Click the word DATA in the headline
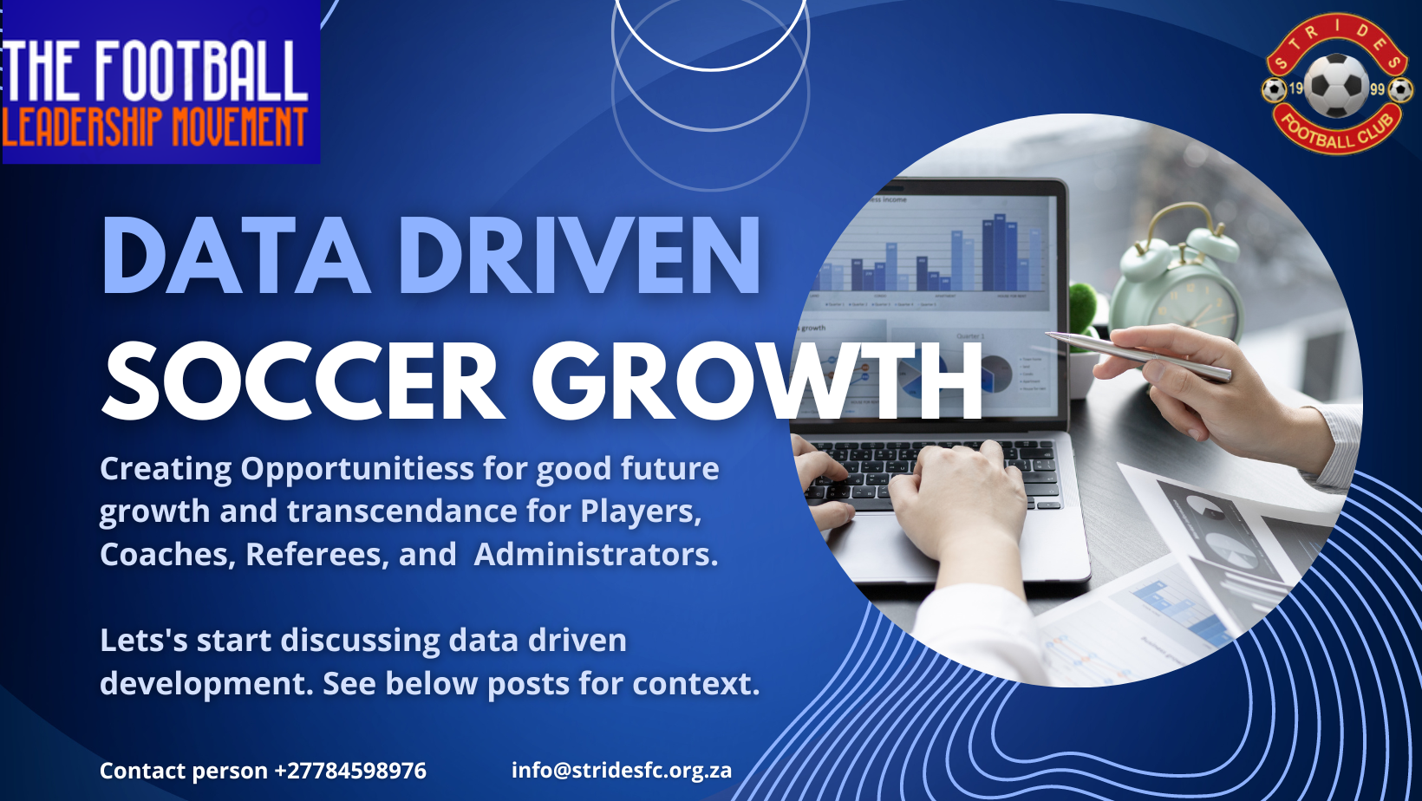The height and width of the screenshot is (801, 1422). [235, 255]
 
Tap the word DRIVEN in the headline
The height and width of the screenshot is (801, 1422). [579, 255]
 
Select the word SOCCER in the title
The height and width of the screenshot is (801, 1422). [302, 381]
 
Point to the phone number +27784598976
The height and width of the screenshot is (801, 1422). [349, 771]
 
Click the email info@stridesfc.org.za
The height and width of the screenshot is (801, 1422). [622, 771]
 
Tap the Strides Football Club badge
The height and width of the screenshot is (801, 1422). [1336, 83]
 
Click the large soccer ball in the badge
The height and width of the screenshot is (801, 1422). [1336, 87]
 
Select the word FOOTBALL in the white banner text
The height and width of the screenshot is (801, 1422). [201, 70]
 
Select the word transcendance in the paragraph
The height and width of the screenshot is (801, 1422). [401, 511]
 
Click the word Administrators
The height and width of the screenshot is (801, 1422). [596, 554]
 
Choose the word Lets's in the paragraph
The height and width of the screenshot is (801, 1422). [144, 640]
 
